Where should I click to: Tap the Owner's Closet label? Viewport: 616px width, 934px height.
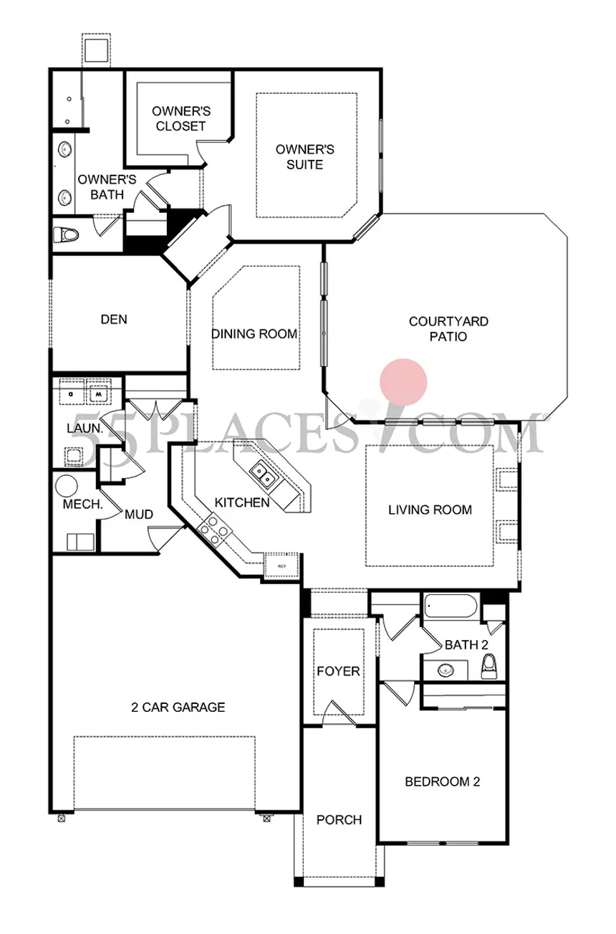tap(180, 118)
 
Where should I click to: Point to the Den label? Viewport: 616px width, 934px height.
tap(114, 319)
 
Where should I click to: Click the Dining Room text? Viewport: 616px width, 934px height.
tap(254, 333)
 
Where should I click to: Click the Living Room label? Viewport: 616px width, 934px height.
tap(430, 510)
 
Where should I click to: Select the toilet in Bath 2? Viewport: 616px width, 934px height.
tap(490, 664)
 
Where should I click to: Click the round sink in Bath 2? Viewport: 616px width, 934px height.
tap(446, 671)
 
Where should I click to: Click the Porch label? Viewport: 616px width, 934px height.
tap(339, 819)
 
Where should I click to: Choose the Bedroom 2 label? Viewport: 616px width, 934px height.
tap(441, 781)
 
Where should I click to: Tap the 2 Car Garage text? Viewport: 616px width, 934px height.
tap(178, 707)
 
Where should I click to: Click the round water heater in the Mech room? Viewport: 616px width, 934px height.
tap(67, 486)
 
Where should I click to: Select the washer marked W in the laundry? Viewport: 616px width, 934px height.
tap(98, 394)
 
